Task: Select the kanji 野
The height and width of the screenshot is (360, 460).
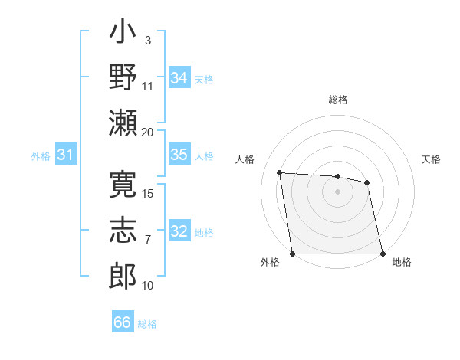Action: coord(123,79)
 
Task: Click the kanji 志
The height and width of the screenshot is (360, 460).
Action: coord(123,229)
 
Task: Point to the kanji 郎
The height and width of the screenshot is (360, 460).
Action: coord(123,273)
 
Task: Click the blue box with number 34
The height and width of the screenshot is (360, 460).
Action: coord(179,78)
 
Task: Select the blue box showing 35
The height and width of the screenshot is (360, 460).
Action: coord(179,155)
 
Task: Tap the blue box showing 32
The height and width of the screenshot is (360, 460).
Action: coord(179,232)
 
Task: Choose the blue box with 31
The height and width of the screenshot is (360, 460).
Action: coord(65,155)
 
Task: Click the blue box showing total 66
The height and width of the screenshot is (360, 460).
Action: coord(123,322)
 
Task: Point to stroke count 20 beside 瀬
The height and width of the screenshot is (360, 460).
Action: coord(147,132)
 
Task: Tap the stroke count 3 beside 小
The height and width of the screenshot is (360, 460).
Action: coord(147,40)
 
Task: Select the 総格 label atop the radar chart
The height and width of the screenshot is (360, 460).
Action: coord(338,100)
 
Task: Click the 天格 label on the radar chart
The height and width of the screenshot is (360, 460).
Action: coord(432,159)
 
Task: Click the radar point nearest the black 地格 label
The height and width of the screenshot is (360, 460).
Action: coord(382,254)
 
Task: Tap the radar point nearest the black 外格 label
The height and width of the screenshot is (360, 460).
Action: coord(294,254)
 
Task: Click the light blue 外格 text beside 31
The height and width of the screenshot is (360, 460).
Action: coord(41,156)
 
